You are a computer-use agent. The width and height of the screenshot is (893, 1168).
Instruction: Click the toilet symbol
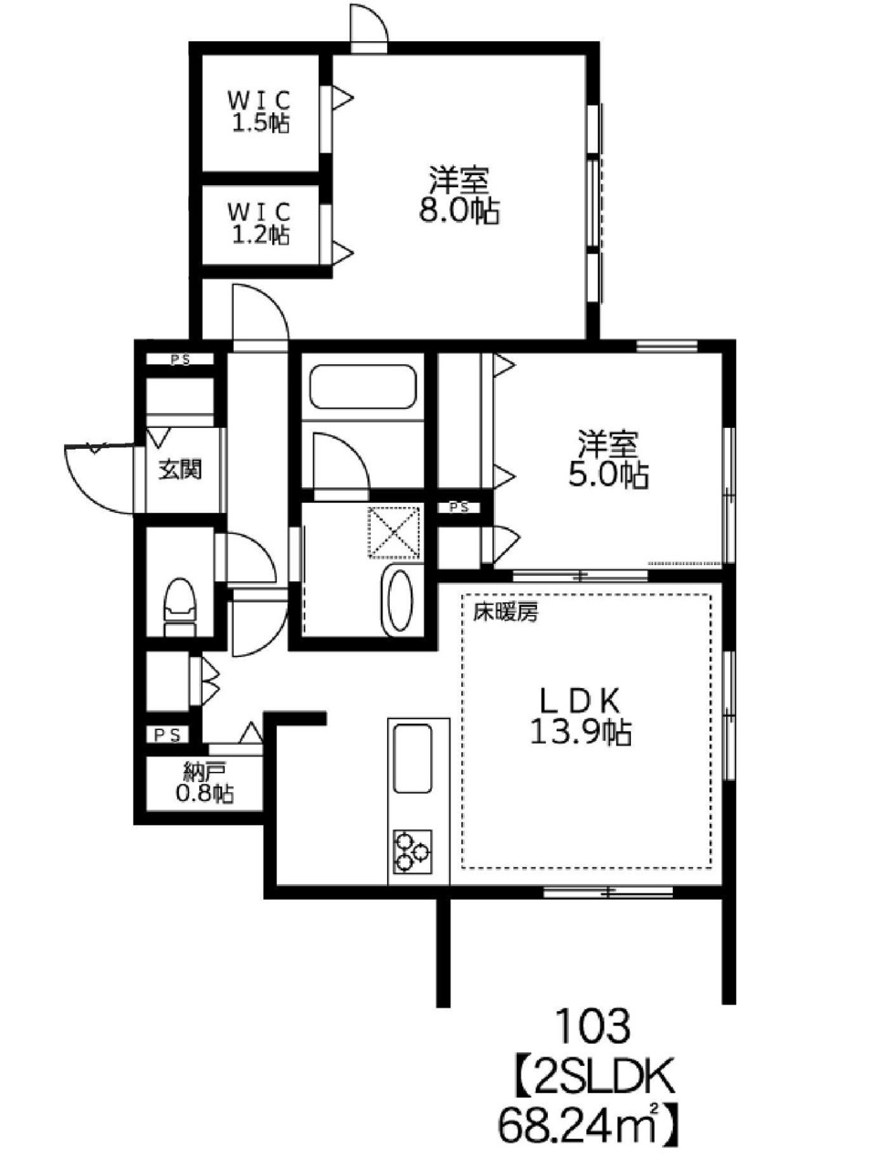(x=180, y=607)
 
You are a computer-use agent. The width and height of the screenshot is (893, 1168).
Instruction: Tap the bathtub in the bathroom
(x=362, y=388)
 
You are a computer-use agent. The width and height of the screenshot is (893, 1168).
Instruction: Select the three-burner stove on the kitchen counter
(x=412, y=851)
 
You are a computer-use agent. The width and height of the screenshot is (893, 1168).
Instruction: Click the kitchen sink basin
(x=412, y=759)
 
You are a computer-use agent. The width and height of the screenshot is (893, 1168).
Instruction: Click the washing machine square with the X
(x=394, y=532)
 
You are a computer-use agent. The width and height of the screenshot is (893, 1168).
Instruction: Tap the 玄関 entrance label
(x=181, y=470)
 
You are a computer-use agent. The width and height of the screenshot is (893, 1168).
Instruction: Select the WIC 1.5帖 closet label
(x=259, y=111)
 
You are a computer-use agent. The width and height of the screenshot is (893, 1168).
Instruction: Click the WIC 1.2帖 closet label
(x=259, y=223)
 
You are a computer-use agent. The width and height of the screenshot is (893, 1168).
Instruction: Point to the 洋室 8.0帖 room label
(x=459, y=196)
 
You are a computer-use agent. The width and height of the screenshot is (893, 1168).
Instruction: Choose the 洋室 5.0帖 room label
(x=608, y=460)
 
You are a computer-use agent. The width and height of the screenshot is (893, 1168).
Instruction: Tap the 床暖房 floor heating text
(x=505, y=613)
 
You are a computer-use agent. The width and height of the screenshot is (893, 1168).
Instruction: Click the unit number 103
(x=593, y=1026)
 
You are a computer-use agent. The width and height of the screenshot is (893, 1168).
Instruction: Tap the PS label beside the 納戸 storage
(x=167, y=735)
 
